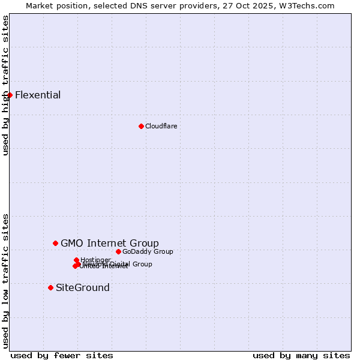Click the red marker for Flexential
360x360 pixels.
[10, 95]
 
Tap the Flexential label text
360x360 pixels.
[38, 95]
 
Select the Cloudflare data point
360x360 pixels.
[141, 126]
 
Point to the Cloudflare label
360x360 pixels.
[161, 126]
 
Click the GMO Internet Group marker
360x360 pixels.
[55, 243]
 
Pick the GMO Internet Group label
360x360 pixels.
[110, 243]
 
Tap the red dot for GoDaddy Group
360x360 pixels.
[118, 251]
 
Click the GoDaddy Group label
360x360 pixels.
[148, 251]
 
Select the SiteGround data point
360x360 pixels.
[50, 287]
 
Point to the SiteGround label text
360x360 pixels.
[83, 287]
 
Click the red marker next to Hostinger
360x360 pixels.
[76, 260]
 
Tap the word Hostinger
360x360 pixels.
[96, 260]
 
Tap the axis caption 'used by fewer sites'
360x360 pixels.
[62, 355]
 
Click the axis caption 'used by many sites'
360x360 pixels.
[301, 355]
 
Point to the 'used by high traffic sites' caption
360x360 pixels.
[5, 85]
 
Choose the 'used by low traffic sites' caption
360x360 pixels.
[5, 281]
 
